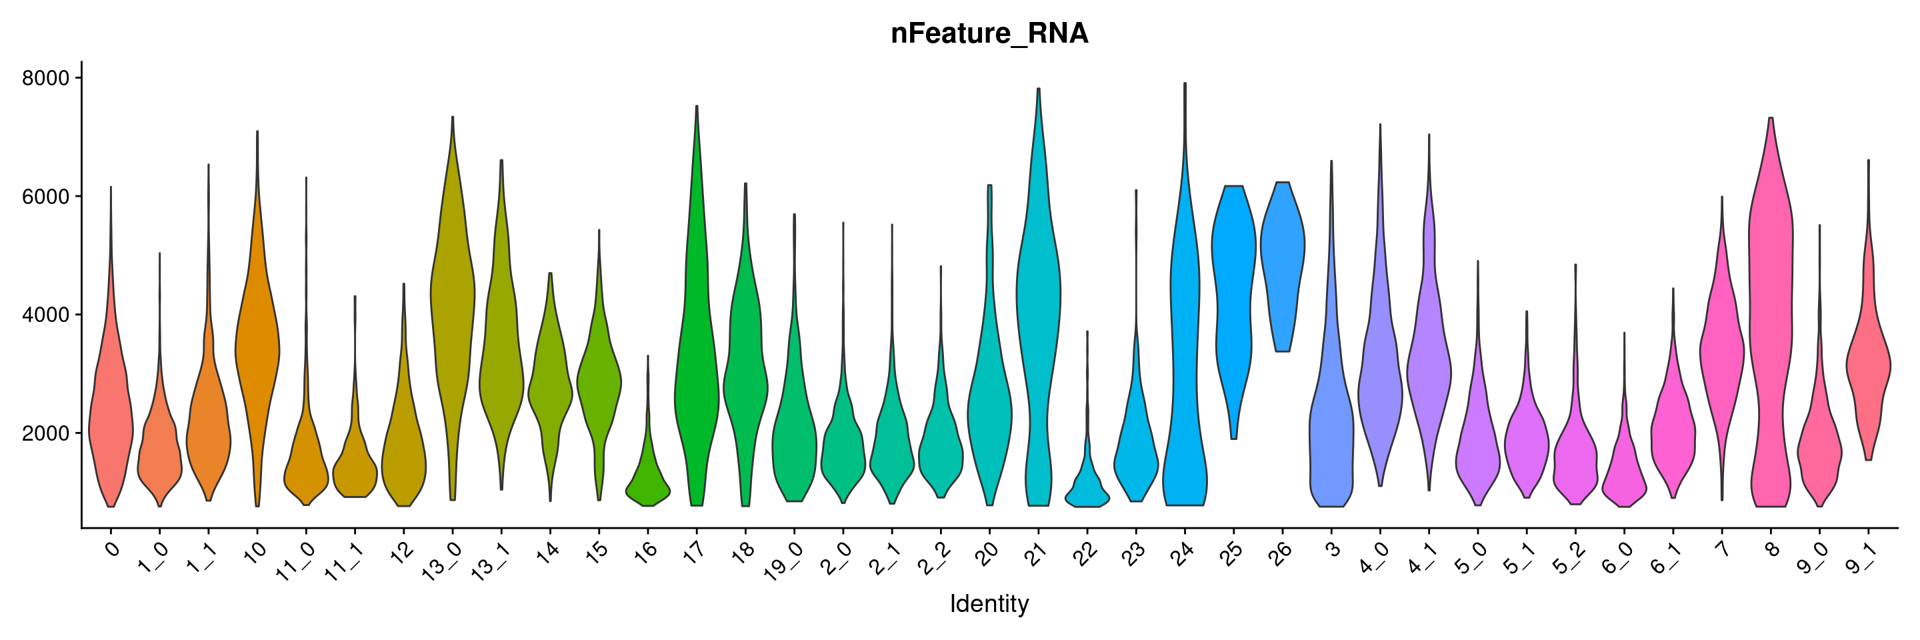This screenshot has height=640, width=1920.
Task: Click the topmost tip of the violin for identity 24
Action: [x=1185, y=83]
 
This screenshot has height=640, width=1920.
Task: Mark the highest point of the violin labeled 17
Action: [x=696, y=106]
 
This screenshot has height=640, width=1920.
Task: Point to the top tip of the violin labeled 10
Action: [x=257, y=131]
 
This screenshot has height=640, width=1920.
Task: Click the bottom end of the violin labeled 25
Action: [x=1233, y=439]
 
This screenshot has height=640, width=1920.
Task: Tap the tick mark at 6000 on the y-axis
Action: [x=77, y=196]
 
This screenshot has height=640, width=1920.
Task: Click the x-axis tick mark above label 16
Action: [x=648, y=532]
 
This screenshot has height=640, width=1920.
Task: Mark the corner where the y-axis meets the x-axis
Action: [x=82, y=528]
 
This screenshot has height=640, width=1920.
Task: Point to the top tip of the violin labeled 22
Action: [x=1087, y=331]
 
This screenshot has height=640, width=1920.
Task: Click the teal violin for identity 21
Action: [x=1038, y=298]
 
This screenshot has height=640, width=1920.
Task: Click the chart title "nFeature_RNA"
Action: [x=989, y=33]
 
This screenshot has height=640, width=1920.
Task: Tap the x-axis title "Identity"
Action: [x=989, y=603]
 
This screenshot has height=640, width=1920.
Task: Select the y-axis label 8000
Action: [x=45, y=78]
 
